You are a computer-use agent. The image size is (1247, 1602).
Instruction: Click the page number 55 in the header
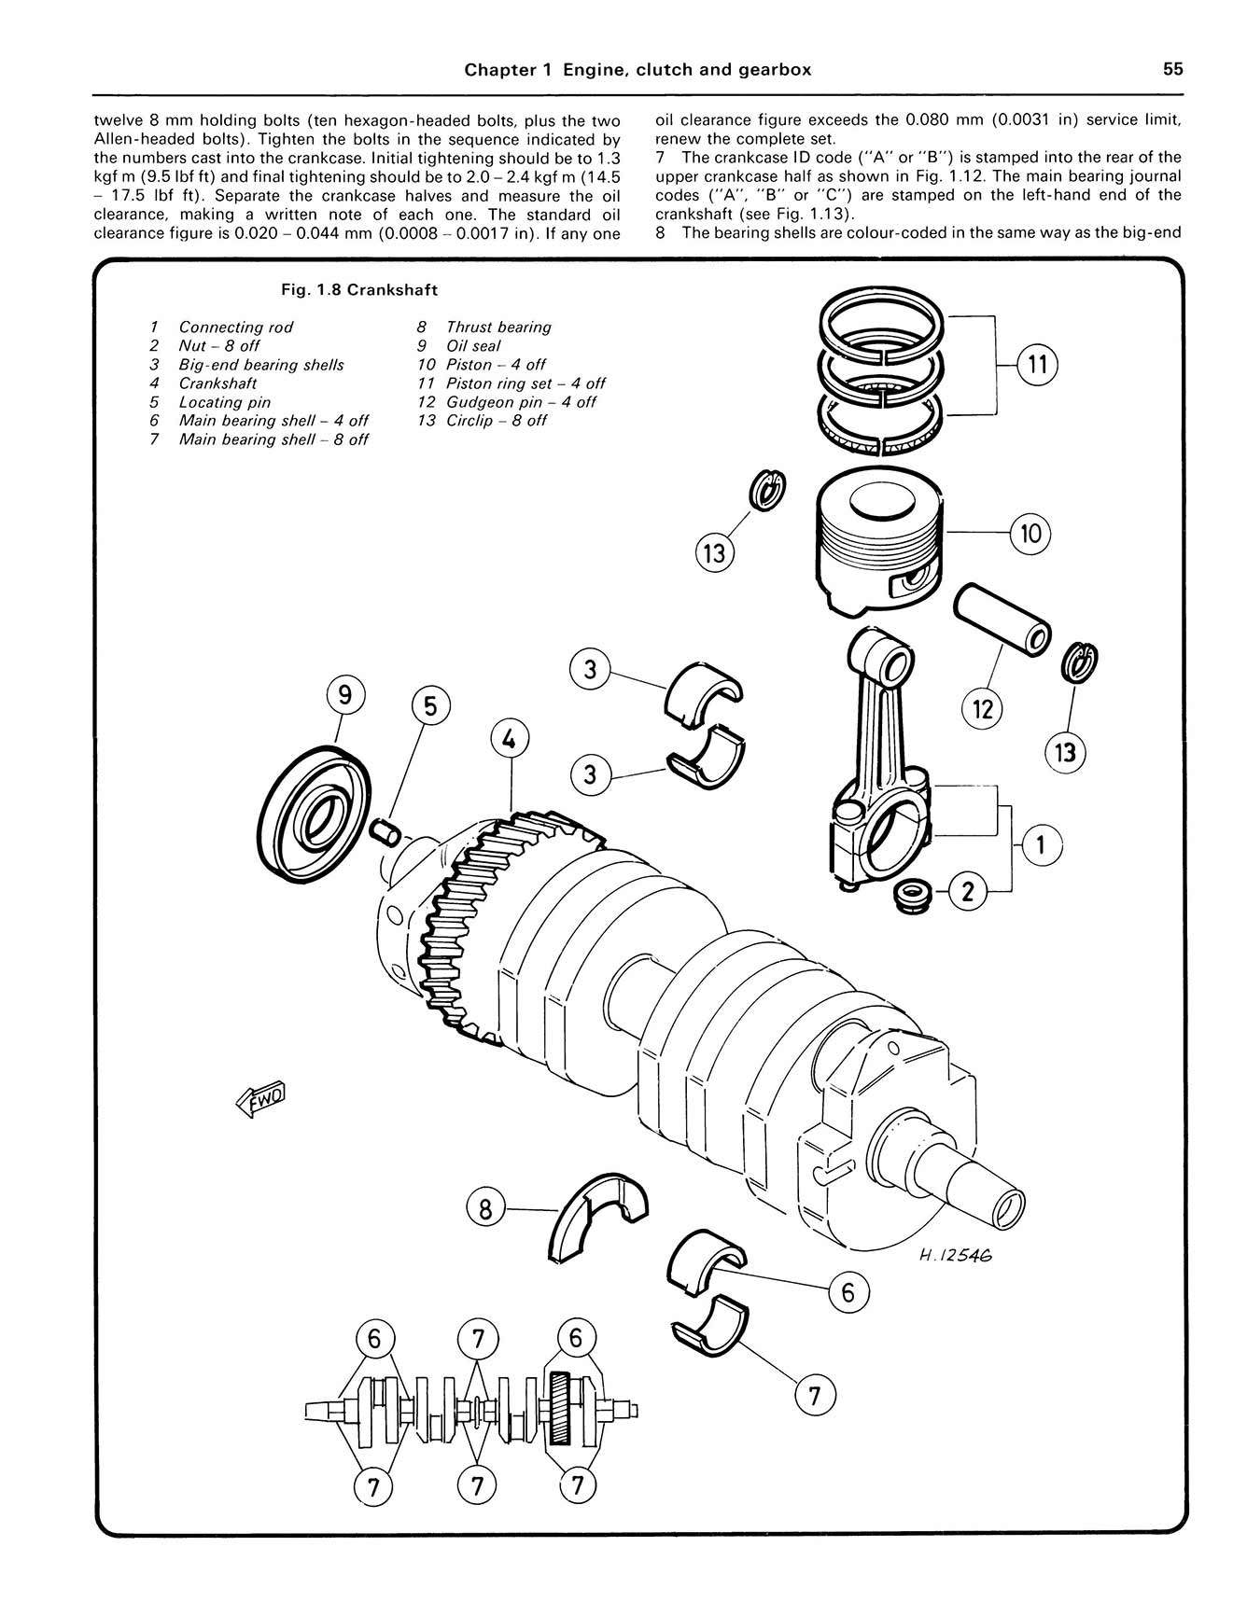point(1172,69)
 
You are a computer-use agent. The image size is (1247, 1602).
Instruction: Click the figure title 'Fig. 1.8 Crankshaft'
point(359,290)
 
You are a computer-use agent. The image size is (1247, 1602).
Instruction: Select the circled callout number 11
point(1037,365)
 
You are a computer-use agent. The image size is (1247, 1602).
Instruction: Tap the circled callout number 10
point(1030,534)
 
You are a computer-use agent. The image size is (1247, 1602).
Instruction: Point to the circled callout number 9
point(344,695)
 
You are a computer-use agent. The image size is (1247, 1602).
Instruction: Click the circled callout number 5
point(429,705)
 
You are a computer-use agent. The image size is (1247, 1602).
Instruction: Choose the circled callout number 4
point(510,740)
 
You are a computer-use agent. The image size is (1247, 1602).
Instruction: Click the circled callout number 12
point(982,710)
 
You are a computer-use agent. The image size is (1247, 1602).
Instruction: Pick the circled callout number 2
point(968,893)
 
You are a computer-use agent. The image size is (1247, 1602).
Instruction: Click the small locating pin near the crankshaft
point(385,828)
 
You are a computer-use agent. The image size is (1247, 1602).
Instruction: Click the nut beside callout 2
point(911,895)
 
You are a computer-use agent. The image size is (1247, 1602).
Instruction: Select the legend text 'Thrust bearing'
point(498,327)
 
